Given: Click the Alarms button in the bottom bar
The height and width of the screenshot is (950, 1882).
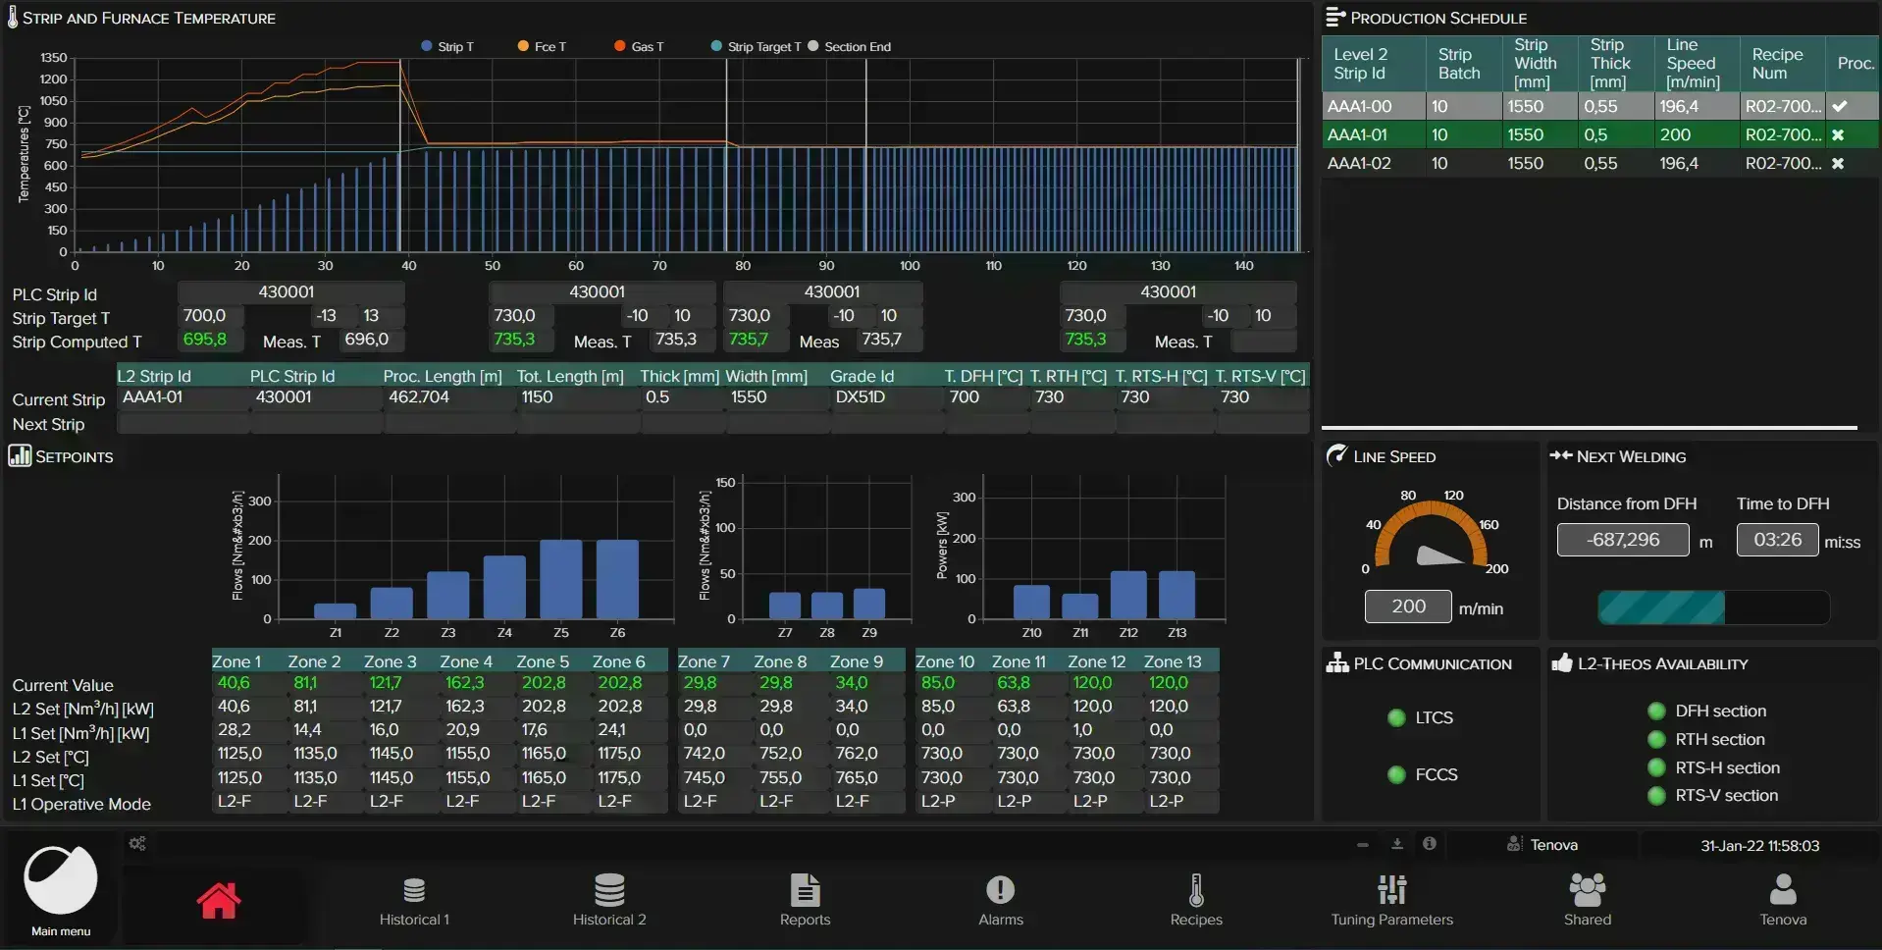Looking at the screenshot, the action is click(x=1000, y=900).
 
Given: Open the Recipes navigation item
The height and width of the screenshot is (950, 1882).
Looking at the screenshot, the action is click(x=1195, y=900).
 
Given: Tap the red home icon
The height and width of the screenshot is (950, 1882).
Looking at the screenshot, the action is click(x=218, y=900).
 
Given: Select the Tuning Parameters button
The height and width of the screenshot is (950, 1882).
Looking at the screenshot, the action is click(x=1391, y=900).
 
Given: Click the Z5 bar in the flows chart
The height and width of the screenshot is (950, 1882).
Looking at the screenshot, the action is click(x=561, y=579).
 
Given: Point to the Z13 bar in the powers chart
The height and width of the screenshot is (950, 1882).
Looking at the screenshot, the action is click(x=1176, y=595).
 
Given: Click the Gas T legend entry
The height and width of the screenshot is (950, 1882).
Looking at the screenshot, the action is click(x=639, y=46).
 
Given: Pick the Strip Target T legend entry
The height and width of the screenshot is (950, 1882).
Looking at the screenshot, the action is click(x=756, y=46).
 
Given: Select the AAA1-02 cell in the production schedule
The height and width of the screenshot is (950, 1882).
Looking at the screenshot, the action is click(x=1359, y=163).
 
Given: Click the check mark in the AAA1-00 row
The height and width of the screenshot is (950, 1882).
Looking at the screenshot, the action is click(x=1840, y=106).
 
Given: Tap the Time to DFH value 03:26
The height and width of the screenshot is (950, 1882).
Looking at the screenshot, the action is click(x=1777, y=540).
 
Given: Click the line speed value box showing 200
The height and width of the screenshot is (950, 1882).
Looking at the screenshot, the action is click(x=1408, y=607).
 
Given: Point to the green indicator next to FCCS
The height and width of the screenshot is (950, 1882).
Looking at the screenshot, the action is click(x=1396, y=774).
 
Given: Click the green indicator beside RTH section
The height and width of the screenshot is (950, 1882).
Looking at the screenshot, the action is click(x=1656, y=739).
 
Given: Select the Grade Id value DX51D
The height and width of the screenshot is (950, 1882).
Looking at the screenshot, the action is click(x=860, y=396).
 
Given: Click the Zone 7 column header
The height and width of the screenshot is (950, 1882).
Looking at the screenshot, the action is click(x=704, y=661).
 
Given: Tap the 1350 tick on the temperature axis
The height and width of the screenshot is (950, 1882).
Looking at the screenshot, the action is click(x=53, y=58).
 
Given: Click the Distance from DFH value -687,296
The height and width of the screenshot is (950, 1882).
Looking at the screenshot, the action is click(x=1623, y=540).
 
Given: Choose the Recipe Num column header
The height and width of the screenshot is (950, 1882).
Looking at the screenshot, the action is click(x=1777, y=63).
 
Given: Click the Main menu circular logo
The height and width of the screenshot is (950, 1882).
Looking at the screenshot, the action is click(x=61, y=880).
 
